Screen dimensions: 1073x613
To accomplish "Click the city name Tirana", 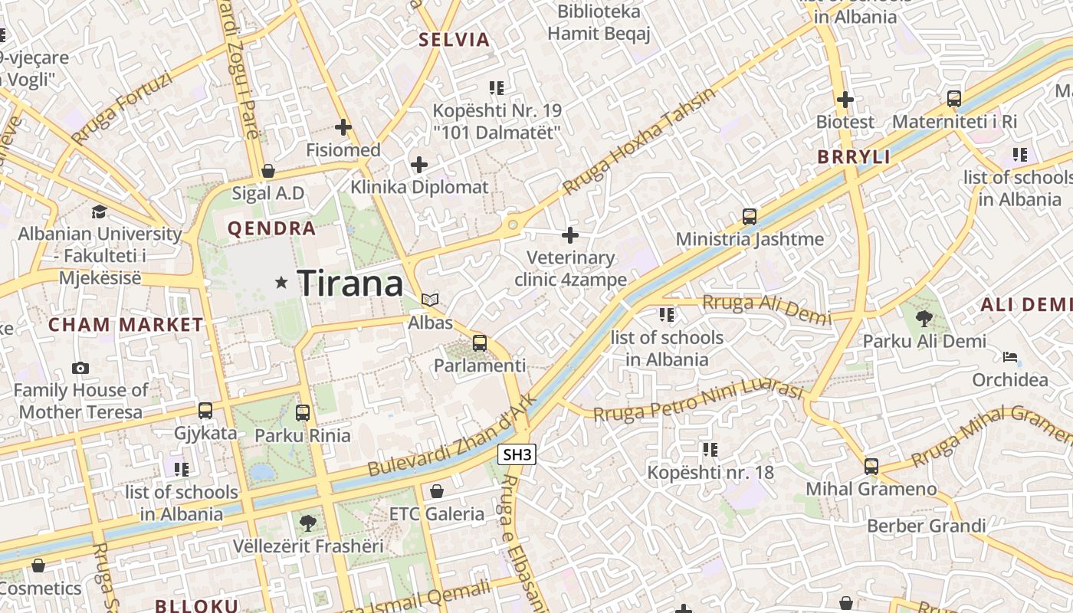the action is point(350,284).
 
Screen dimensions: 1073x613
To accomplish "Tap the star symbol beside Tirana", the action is point(281,283).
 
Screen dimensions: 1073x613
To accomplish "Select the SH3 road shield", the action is point(517,454).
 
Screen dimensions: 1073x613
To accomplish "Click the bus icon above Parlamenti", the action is point(480,343).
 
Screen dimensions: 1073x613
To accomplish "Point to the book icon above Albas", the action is point(430,300).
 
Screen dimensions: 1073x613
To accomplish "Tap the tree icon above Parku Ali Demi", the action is point(924,318).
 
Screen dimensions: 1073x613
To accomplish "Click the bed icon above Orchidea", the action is point(1010,357).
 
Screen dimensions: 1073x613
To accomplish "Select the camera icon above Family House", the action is point(80,368).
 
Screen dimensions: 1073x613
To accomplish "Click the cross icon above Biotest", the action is point(845,99).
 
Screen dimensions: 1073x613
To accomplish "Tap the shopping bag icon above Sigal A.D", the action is point(268,170).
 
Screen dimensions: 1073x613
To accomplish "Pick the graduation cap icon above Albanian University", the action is point(99,211).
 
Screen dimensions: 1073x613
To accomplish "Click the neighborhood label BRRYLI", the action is point(854,157).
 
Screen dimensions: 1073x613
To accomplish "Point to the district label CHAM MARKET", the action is point(126,324).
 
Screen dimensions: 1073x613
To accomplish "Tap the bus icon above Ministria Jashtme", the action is point(750,217).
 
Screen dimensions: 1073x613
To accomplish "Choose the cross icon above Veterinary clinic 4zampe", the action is point(570,234).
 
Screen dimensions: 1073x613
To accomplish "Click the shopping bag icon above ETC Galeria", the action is point(437,490).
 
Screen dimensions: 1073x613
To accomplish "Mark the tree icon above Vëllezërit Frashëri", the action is point(308,523).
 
